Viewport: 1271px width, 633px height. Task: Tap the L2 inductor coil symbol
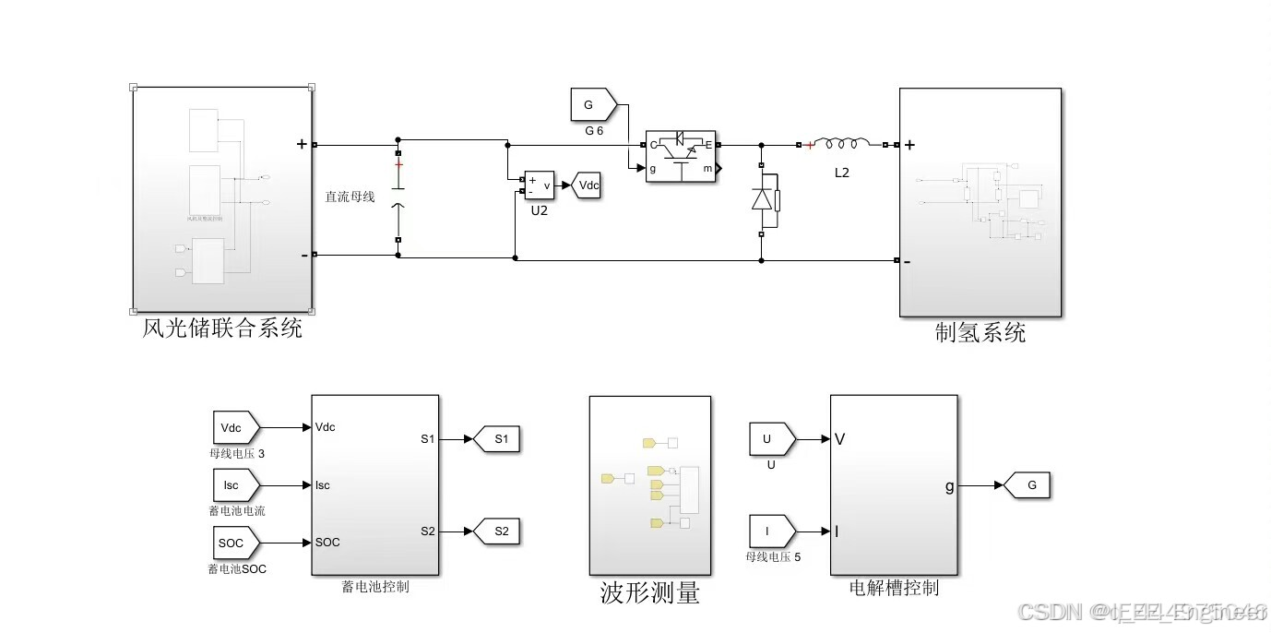(x=841, y=144)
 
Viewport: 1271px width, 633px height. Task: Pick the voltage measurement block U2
(x=539, y=185)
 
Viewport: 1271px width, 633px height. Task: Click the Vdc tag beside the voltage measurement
(x=588, y=185)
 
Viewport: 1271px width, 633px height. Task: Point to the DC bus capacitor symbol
(x=398, y=194)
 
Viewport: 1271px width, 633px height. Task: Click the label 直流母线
(x=350, y=197)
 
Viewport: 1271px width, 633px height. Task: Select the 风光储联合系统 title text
(x=222, y=328)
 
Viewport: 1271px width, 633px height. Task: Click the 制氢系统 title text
(x=980, y=332)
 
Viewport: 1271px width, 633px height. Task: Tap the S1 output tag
(x=498, y=439)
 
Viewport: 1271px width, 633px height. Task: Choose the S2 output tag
(x=498, y=531)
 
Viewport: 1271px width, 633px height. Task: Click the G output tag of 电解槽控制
(x=1027, y=484)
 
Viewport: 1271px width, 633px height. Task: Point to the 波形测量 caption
(x=649, y=593)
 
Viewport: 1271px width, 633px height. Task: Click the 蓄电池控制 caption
(x=374, y=586)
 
